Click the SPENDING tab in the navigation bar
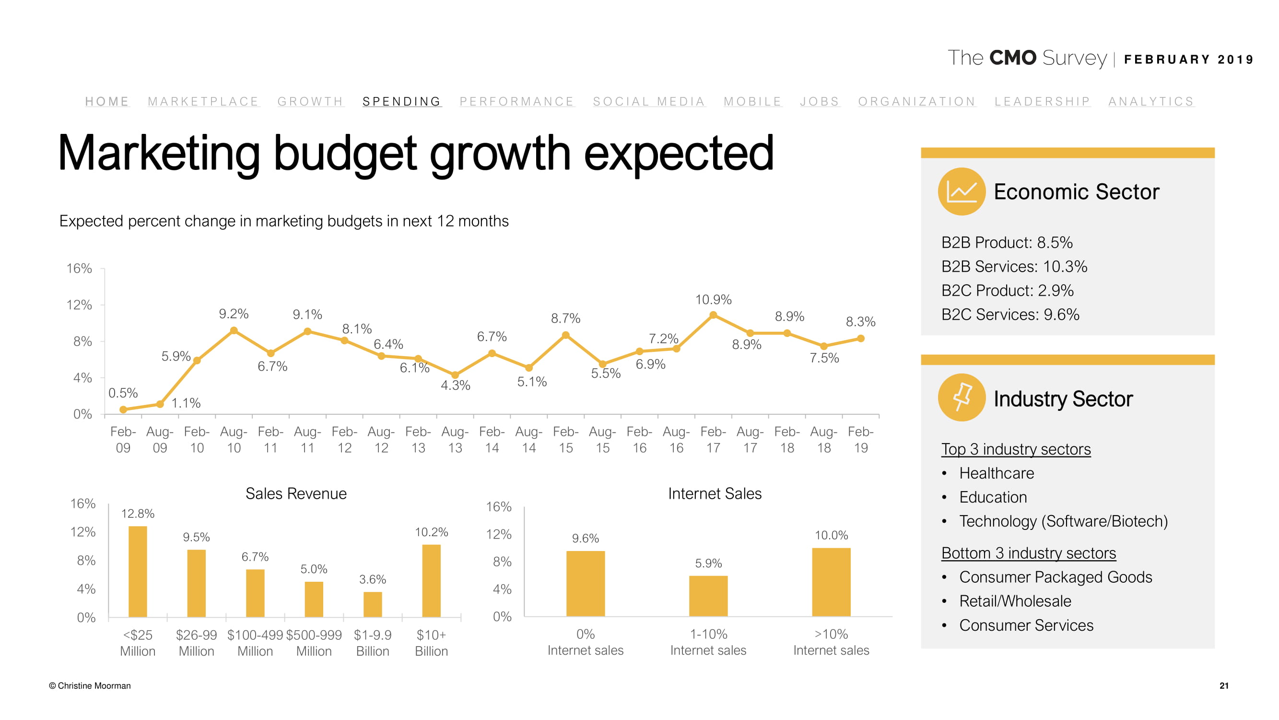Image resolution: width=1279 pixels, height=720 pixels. coord(401,101)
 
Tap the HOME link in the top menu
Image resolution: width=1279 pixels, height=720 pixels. coord(107,101)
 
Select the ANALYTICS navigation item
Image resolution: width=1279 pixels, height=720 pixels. coord(1150,101)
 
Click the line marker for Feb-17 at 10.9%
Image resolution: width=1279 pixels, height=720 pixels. coord(713,315)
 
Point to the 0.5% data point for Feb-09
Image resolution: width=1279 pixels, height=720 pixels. coord(123,409)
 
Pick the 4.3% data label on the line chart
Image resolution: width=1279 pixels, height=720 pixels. coord(455,385)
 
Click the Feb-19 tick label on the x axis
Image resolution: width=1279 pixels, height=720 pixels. coord(860,440)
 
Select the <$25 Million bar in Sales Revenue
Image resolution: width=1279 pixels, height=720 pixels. coord(138,571)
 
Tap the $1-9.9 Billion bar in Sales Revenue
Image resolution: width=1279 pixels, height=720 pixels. coord(372,604)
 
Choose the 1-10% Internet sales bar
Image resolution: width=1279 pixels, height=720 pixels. coord(708,596)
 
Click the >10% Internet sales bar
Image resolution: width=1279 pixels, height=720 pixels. coord(831,582)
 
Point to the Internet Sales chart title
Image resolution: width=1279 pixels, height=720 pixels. coord(715,493)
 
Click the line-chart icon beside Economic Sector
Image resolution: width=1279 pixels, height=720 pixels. coord(961,192)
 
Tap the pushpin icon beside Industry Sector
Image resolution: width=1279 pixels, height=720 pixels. coord(961,397)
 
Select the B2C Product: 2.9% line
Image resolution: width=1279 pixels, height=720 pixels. coord(1007,290)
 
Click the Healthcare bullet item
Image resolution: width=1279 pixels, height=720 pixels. coord(996,473)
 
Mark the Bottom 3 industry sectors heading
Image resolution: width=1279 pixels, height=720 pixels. coord(1028,552)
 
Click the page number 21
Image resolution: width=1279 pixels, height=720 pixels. coord(1223,686)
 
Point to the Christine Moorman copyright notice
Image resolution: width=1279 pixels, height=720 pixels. coord(90,686)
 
